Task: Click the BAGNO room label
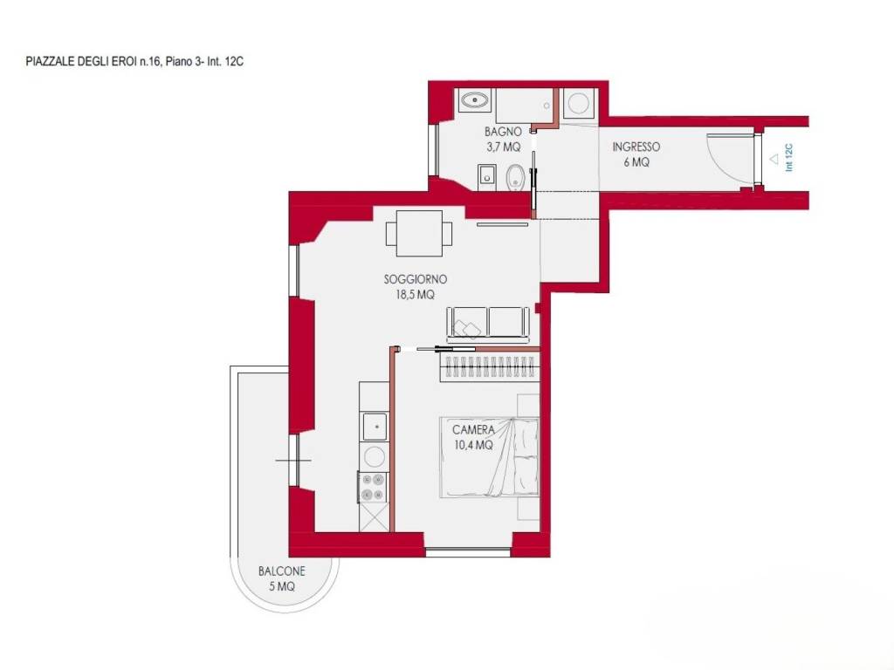pos(503,132)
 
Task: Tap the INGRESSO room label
pos(636,147)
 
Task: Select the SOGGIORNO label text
pos(415,279)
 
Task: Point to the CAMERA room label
pos(473,429)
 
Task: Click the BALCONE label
pos(282,571)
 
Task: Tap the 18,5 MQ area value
pos(415,295)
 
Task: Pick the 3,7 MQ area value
pos(504,147)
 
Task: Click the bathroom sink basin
pos(474,101)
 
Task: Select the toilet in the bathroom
pos(515,177)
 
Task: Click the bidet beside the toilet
pos(486,177)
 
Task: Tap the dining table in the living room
pos(419,233)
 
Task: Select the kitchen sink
pos(375,426)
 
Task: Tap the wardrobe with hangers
pos(489,367)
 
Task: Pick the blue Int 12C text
pos(789,158)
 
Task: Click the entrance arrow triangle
pos(774,160)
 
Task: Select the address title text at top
pos(134,62)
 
